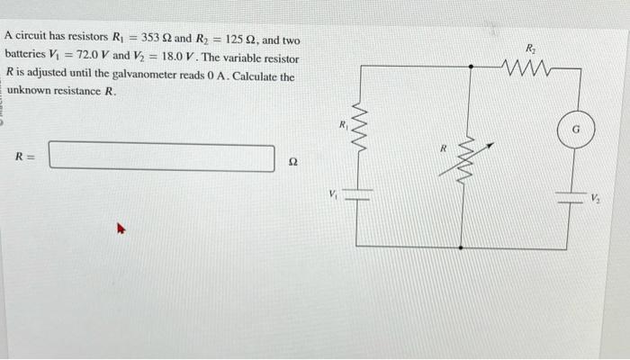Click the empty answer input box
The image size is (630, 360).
[x=162, y=157]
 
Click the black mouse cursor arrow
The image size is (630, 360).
[x=116, y=230]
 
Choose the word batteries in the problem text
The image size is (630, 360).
[x=25, y=57]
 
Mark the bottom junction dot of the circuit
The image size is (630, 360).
[x=462, y=246]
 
